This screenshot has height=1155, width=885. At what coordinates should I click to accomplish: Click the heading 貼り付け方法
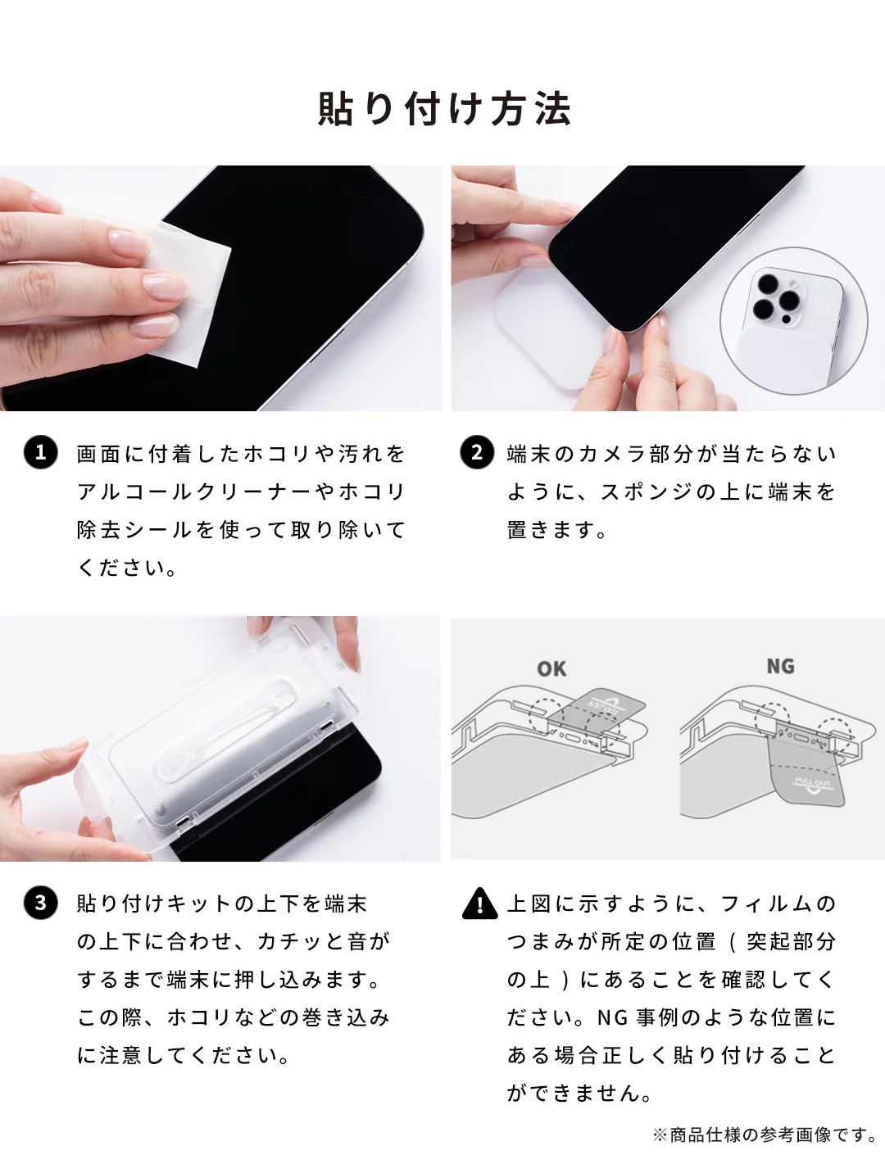click(x=443, y=109)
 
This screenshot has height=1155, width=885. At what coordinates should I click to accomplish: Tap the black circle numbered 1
click(x=40, y=452)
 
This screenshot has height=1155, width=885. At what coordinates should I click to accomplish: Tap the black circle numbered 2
click(x=476, y=452)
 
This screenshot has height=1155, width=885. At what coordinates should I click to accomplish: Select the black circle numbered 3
click(x=40, y=903)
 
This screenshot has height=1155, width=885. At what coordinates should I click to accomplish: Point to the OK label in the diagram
click(x=551, y=669)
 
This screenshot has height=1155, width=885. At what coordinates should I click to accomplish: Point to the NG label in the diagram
click(x=780, y=666)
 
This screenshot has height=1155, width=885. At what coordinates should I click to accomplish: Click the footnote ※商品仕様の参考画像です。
click(x=765, y=1135)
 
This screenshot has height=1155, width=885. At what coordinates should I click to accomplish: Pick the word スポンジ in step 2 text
click(x=647, y=491)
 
